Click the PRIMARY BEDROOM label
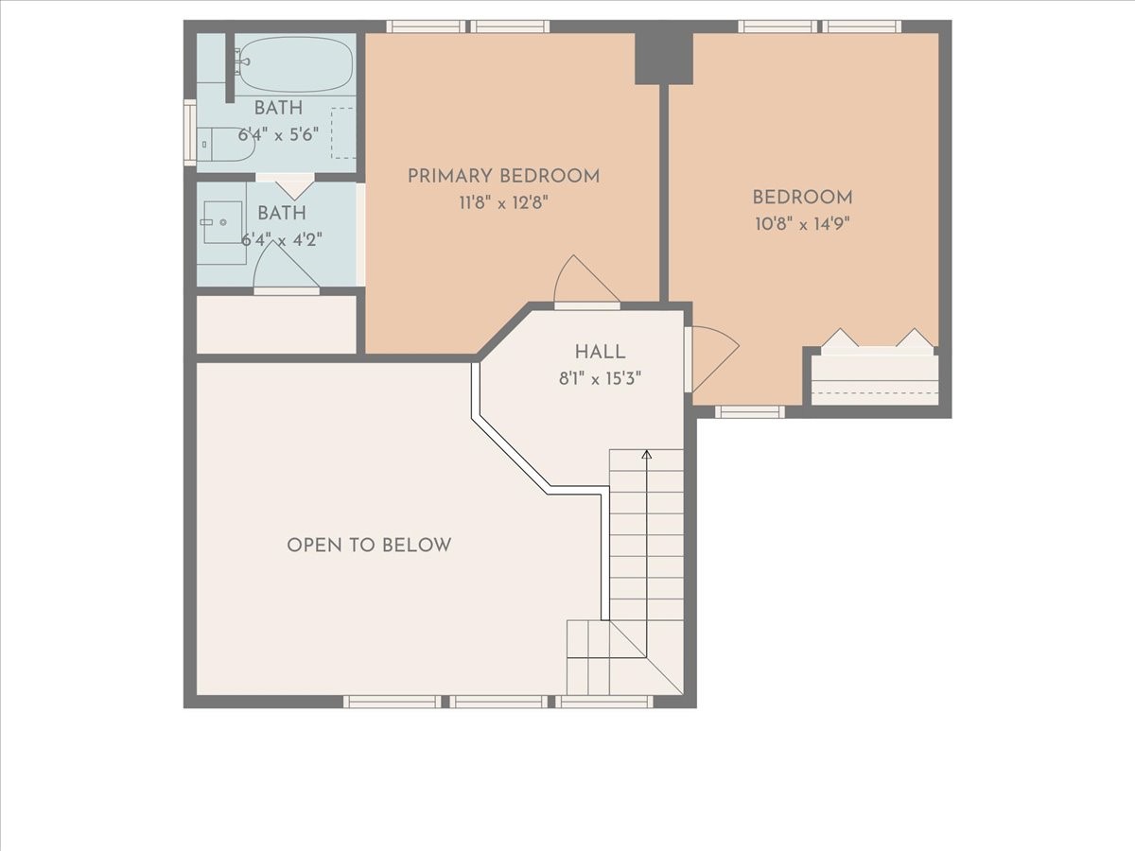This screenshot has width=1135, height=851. (503, 176)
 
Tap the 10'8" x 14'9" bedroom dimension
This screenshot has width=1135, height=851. (802, 224)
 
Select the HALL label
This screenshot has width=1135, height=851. (600, 353)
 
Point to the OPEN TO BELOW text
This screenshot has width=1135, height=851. (369, 546)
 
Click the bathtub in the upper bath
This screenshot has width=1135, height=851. (296, 64)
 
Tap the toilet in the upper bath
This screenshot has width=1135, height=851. (226, 145)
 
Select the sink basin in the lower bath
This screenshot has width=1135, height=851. (223, 222)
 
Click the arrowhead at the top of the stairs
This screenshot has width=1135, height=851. (646, 454)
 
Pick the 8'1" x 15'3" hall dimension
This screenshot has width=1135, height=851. (600, 379)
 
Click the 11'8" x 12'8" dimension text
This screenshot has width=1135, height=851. (503, 203)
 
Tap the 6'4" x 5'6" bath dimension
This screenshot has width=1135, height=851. (278, 135)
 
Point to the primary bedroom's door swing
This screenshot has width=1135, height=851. (586, 279)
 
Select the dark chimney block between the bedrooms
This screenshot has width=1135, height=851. (664, 58)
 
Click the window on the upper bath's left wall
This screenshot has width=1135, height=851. (190, 132)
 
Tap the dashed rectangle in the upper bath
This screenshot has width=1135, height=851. (342, 132)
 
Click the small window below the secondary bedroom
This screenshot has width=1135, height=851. (750, 412)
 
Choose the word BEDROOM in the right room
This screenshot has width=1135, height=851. (802, 198)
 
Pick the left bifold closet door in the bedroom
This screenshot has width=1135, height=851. (840, 338)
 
